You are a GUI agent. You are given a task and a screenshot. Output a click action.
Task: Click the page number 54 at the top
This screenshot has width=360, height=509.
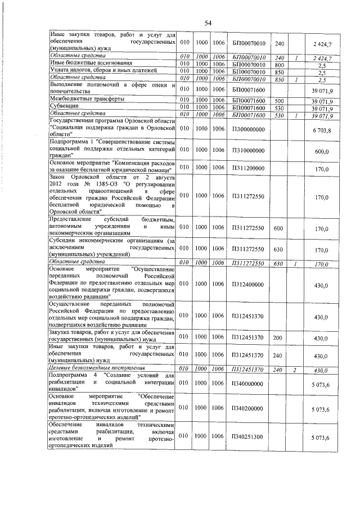coord(208,22)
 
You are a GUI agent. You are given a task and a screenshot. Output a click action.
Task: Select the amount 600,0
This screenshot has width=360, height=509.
coord(321,152)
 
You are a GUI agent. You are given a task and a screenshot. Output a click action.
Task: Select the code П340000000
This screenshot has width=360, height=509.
coord(247,384)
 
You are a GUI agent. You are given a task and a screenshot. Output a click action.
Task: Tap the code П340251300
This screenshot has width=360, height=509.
coord(247,437)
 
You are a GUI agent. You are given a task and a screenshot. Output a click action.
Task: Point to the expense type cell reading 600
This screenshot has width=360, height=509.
coord(278,229)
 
